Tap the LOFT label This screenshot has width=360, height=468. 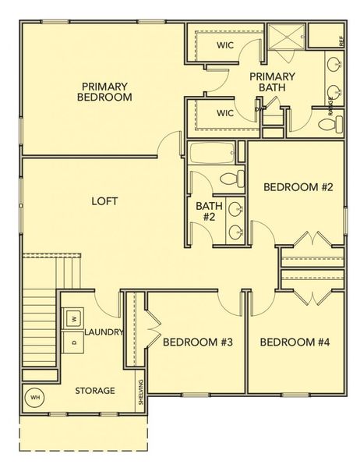point(104,200)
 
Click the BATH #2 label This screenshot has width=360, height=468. point(209,212)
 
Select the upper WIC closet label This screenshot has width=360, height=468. point(225,44)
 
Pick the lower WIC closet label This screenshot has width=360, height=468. point(225,113)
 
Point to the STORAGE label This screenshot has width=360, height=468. point(95,390)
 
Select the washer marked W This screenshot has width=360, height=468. point(73,318)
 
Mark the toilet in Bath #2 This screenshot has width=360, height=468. point(231,179)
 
